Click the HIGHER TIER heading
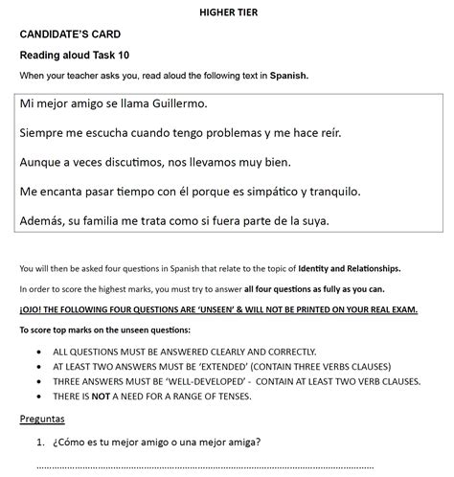click(x=227, y=11)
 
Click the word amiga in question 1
click(x=238, y=443)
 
